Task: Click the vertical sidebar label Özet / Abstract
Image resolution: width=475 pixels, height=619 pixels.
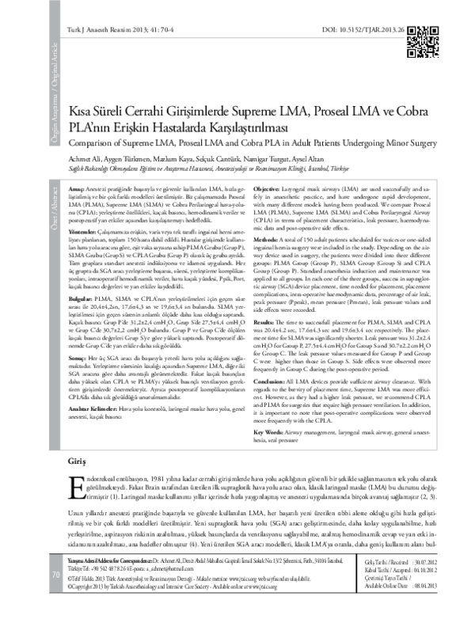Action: (52, 202)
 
